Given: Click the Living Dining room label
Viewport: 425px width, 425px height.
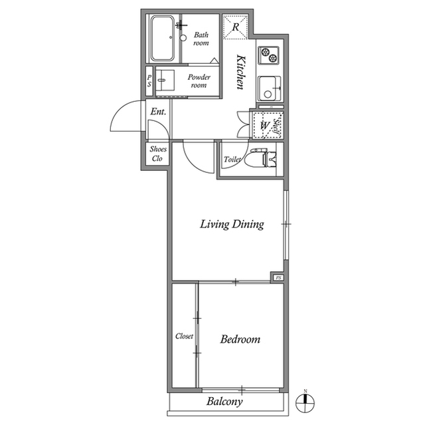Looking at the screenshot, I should [232, 224].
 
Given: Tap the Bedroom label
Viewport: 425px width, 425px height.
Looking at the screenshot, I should [240, 339].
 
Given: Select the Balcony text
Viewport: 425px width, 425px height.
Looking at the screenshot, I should [224, 402].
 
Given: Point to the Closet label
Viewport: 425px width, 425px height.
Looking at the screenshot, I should [184, 337].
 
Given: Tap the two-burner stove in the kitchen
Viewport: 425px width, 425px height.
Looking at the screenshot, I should [270, 55].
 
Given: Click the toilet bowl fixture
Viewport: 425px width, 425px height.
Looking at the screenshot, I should [258, 160].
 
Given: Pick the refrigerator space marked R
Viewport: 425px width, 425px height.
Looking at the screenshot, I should [236, 27].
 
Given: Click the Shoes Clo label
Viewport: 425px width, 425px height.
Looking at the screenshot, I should [158, 154].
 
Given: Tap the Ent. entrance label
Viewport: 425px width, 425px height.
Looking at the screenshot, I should [158, 112].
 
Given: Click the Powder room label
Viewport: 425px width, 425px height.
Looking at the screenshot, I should [199, 81].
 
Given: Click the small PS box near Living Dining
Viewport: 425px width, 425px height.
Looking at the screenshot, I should [278, 277].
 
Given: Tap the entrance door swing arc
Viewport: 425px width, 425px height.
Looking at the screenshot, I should [121, 120].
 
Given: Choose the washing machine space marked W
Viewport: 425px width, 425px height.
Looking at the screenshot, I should [264, 125].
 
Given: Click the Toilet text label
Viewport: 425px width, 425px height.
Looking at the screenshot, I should [232, 160].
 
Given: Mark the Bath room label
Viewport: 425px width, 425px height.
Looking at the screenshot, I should [201, 38].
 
